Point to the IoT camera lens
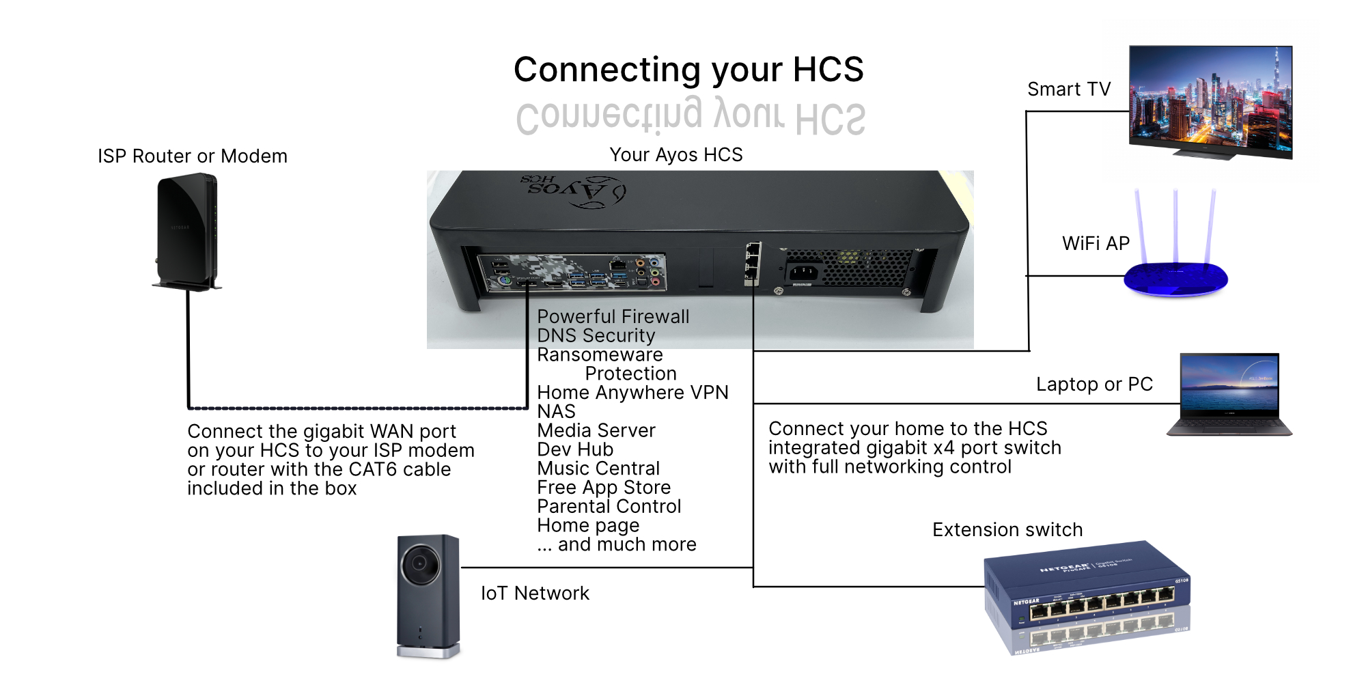point(419,564)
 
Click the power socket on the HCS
point(803,274)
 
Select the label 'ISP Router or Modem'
point(192,156)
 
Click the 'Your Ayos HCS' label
point(675,155)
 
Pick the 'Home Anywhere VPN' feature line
point(632,393)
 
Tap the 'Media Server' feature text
point(596,430)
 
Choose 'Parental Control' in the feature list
point(609,506)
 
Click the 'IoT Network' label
point(535,593)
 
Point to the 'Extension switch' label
point(1007,529)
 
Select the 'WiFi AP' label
point(1096,243)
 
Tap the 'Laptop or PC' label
point(1094,384)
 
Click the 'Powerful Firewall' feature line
point(613,317)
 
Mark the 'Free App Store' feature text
point(604,487)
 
